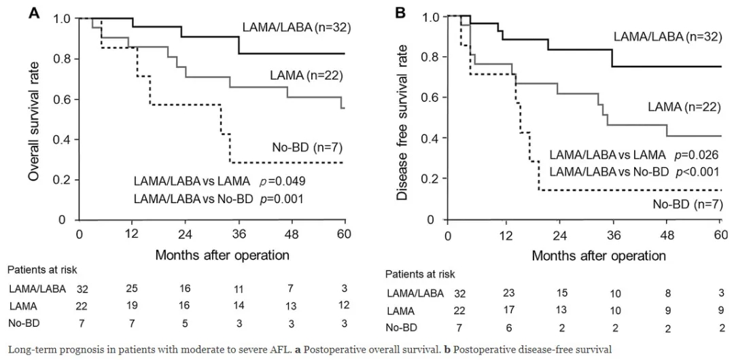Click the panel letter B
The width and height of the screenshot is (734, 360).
point(402,12)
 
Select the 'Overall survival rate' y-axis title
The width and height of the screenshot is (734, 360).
point(33,119)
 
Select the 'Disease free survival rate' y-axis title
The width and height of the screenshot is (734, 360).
point(403,119)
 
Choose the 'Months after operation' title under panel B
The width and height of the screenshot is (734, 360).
point(584,256)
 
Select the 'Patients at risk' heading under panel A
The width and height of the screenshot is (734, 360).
point(41,270)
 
